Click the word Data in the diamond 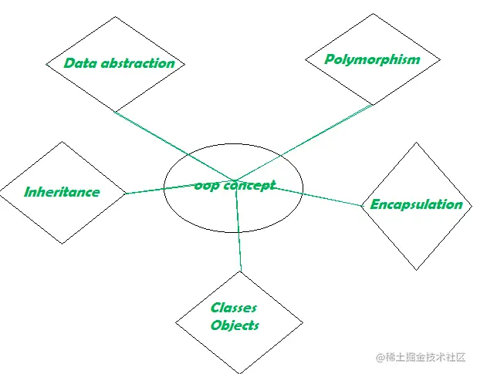coord(79,63)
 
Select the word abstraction coord(137,63)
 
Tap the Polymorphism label coord(372,59)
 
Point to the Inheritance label coord(62,192)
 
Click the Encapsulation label coord(416,204)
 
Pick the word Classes coord(234,308)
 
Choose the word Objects coord(235,325)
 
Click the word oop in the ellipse coord(206,186)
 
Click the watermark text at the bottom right coord(421,357)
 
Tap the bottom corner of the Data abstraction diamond coord(115,112)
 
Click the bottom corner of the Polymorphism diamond coord(374,105)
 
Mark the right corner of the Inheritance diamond coord(125,193)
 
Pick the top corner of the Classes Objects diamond coord(241,271)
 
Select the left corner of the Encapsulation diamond coord(362,206)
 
